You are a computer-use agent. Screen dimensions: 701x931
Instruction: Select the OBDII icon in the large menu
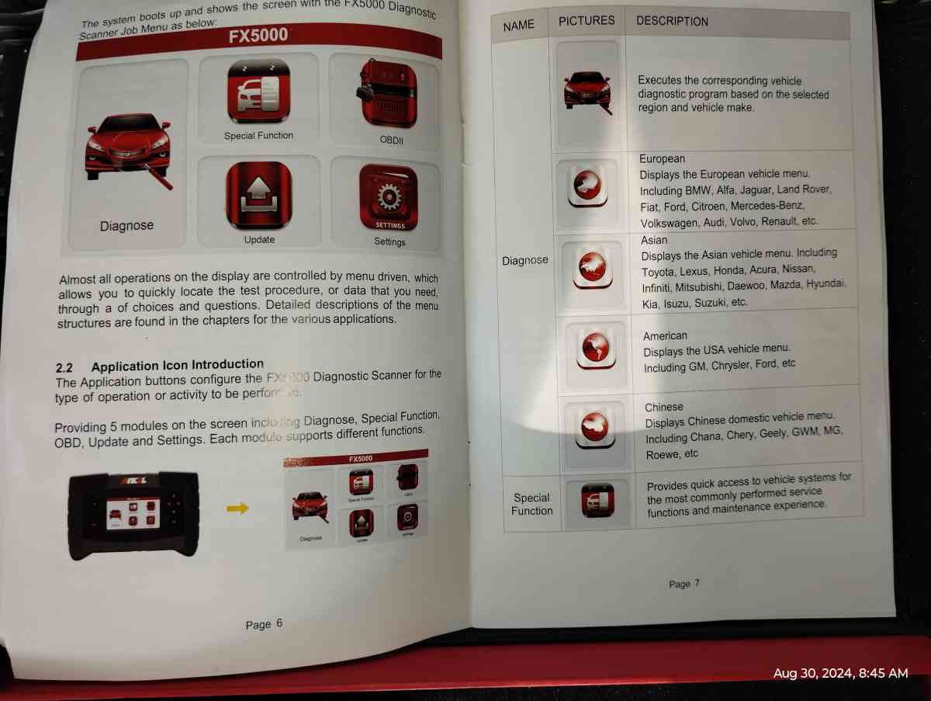point(387,95)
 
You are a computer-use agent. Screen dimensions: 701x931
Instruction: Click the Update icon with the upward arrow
point(259,195)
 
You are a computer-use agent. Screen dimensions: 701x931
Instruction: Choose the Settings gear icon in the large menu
point(388,198)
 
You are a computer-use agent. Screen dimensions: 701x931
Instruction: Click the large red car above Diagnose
point(128,147)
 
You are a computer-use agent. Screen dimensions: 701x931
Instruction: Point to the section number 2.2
point(64,366)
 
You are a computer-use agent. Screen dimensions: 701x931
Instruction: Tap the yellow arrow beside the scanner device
point(237,508)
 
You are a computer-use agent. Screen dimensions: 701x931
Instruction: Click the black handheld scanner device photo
point(133,514)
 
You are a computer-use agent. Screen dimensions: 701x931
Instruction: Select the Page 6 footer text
point(264,624)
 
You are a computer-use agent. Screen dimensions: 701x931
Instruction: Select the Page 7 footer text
point(684,584)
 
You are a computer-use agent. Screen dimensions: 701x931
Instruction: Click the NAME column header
point(518,25)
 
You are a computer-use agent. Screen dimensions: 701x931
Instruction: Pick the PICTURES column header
point(587,21)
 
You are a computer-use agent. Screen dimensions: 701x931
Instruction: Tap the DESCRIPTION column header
point(672,21)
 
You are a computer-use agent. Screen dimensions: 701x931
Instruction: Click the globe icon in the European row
point(587,186)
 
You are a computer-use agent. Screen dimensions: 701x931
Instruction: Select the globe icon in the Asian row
point(592,265)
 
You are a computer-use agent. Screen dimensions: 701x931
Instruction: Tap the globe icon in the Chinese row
point(597,425)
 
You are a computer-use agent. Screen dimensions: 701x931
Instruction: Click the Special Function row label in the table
point(531,504)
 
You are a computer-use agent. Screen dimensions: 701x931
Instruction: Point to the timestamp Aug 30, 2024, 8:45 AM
point(840,673)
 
